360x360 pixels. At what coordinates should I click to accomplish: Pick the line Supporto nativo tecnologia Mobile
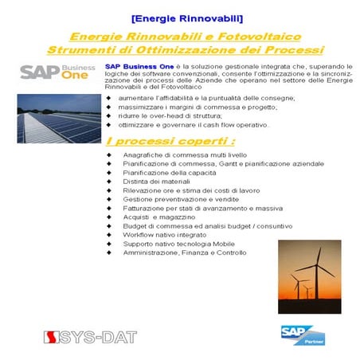(178, 243)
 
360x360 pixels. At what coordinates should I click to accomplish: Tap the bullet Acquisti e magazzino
(158, 217)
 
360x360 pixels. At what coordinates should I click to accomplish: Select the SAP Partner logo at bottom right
(299, 334)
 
